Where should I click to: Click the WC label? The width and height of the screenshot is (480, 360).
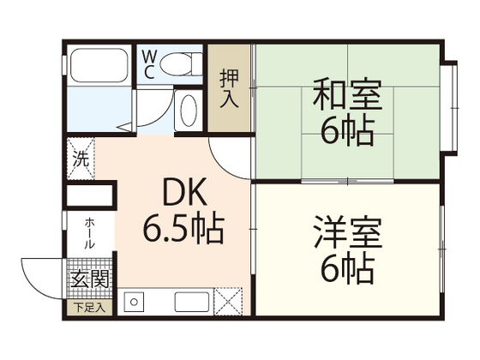pyautogui.click(x=147, y=63)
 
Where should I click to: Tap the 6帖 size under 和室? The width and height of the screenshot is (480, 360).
pyautogui.click(x=345, y=131)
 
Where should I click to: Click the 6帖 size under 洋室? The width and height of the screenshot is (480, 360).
pyautogui.click(x=345, y=269)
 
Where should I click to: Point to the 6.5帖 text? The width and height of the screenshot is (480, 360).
pyautogui.click(x=183, y=229)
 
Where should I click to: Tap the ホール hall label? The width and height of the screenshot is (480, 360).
pyautogui.click(x=89, y=231)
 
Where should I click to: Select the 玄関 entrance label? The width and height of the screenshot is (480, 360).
pyautogui.click(x=88, y=279)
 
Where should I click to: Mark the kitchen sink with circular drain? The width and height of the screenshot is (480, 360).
pyautogui.click(x=138, y=303)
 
